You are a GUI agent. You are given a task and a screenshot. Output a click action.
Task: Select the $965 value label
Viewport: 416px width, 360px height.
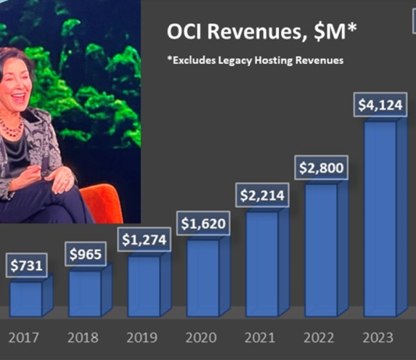coord(85,254)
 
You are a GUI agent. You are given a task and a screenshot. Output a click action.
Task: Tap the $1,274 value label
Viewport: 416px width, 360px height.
coord(143,240)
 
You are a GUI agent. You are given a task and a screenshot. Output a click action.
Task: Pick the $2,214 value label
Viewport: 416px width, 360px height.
coord(262,196)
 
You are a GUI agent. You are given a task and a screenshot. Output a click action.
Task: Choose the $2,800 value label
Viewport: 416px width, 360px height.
coord(321,168)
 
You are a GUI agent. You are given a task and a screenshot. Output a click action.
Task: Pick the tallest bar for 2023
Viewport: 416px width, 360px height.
coord(381,218)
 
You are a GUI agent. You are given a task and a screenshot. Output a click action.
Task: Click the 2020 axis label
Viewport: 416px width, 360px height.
coord(203,339)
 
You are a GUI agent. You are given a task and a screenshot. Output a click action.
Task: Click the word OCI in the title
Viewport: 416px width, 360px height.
coord(185,34)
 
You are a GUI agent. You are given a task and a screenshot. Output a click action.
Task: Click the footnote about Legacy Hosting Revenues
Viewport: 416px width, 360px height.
coord(256,61)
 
